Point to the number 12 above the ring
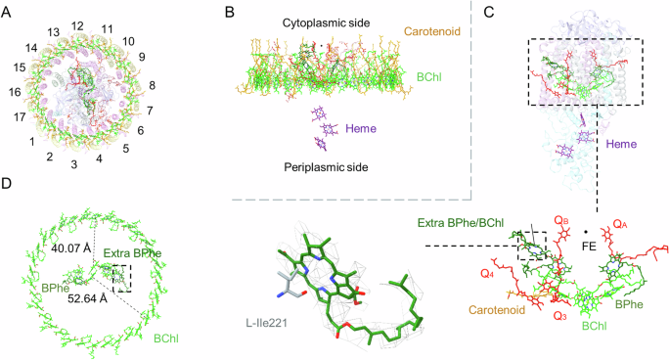pos(77,24)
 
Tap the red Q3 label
pos(558,316)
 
